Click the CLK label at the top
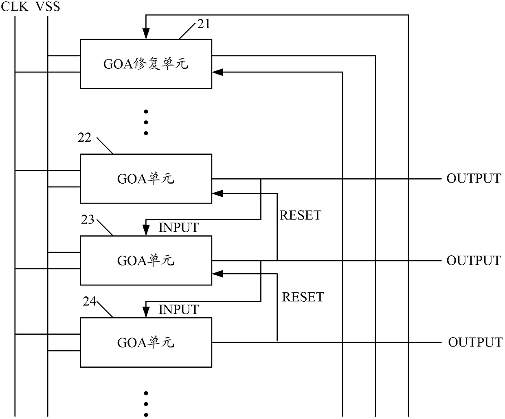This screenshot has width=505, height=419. (15, 6)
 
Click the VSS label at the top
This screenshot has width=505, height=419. (48, 6)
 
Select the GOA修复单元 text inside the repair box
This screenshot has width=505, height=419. (146, 64)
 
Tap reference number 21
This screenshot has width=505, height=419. (204, 24)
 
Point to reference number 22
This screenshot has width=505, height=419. (84, 138)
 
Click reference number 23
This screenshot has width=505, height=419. (88, 219)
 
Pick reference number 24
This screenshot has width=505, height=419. (89, 301)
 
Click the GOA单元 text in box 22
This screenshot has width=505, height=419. (146, 179)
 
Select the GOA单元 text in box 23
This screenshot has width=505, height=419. (146, 261)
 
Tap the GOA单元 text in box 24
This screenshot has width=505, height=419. (146, 342)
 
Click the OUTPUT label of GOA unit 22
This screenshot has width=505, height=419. (473, 179)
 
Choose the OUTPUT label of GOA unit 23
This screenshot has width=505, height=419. (473, 261)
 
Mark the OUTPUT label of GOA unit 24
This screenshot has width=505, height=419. (475, 342)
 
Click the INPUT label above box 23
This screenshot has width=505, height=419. (178, 228)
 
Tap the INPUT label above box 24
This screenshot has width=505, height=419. (178, 310)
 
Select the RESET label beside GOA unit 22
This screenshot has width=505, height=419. (300, 215)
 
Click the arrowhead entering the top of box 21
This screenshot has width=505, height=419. (146, 34)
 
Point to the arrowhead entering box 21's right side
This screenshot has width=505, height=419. (217, 72)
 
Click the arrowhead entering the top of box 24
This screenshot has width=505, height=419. (146, 312)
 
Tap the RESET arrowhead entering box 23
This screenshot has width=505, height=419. (217, 274)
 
